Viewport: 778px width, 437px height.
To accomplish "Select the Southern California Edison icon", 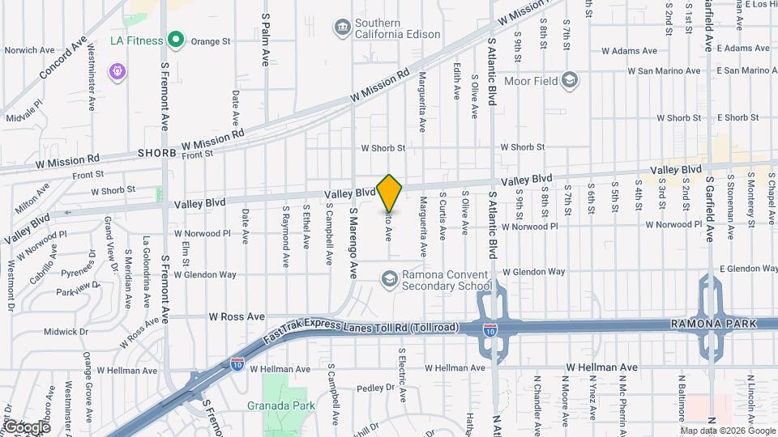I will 342,28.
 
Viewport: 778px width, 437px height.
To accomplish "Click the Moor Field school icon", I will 571,79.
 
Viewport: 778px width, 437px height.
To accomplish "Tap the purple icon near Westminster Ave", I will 118,72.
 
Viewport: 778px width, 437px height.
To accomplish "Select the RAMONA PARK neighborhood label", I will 713,324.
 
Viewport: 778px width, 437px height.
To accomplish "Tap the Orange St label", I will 211,40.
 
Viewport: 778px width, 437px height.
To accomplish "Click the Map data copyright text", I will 726,430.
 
